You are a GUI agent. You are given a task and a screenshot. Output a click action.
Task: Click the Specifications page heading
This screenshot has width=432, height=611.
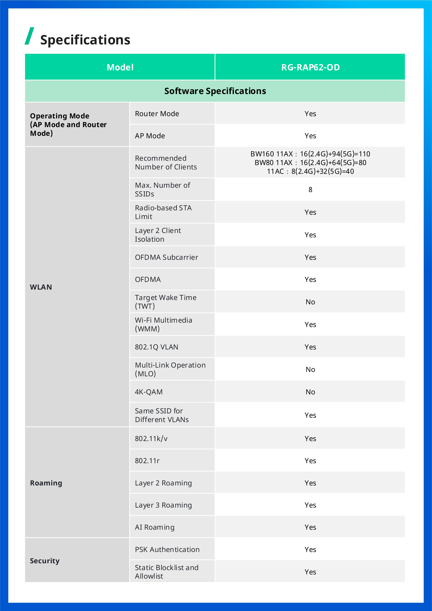[85, 40]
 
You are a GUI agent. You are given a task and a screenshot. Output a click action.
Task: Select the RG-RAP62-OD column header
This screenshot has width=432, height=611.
[310, 67]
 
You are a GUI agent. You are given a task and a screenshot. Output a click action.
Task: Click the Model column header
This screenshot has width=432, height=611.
[120, 67]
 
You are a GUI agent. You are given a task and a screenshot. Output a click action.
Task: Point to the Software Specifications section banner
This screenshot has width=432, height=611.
[215, 91]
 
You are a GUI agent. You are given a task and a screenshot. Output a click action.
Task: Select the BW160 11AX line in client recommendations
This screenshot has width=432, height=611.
[310, 154]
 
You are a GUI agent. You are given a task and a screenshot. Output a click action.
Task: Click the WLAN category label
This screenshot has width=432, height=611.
[41, 287]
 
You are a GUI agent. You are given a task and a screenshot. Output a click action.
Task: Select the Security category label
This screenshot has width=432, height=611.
[45, 561]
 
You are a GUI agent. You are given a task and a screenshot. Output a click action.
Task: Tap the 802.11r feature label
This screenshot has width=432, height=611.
[147, 461]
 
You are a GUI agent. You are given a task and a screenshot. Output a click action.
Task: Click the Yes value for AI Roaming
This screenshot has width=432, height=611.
[310, 527]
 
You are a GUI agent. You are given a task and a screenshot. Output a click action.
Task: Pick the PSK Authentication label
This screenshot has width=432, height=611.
[167, 550]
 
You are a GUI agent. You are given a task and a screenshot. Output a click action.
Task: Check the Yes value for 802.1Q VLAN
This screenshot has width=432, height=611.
[310, 347]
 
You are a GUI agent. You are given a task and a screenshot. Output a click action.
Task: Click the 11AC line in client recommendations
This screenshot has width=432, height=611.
[310, 171]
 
